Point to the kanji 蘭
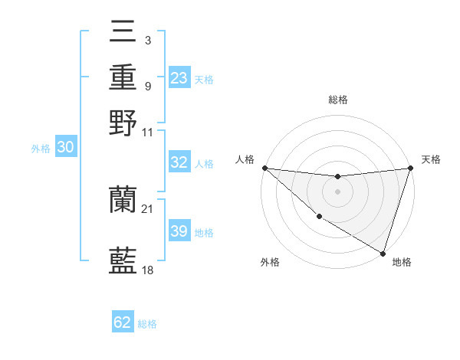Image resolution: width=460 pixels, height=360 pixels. (x=123, y=201)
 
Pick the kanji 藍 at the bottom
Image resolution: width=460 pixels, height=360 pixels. (x=123, y=261)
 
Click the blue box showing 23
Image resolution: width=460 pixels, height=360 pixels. (x=179, y=78)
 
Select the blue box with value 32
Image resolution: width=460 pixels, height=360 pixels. (x=179, y=162)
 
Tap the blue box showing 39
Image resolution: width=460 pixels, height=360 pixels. (x=179, y=231)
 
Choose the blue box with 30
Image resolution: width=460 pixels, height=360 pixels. (x=65, y=148)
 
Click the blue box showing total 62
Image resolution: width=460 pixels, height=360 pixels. (x=123, y=322)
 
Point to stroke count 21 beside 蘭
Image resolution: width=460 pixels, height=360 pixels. (x=148, y=209)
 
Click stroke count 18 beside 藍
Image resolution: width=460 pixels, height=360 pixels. (x=148, y=270)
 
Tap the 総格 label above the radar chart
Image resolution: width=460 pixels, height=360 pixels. (x=338, y=100)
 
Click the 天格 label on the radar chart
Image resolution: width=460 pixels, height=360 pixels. (x=431, y=159)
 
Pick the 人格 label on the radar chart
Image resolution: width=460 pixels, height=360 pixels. (x=245, y=159)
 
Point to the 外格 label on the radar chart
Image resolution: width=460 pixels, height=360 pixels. (x=270, y=263)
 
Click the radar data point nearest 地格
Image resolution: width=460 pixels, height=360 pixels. (x=383, y=253)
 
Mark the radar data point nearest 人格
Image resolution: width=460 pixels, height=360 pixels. (x=264, y=168)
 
